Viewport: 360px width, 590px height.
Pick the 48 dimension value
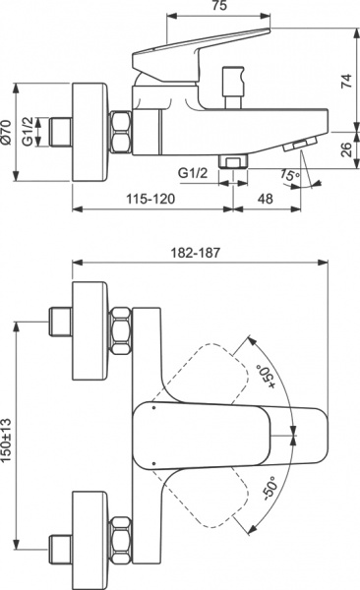pyautogui.click(x=266, y=198)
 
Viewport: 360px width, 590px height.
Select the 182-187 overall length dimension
pyautogui.click(x=200, y=253)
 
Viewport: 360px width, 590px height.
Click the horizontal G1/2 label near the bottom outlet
pyautogui.click(x=194, y=173)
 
